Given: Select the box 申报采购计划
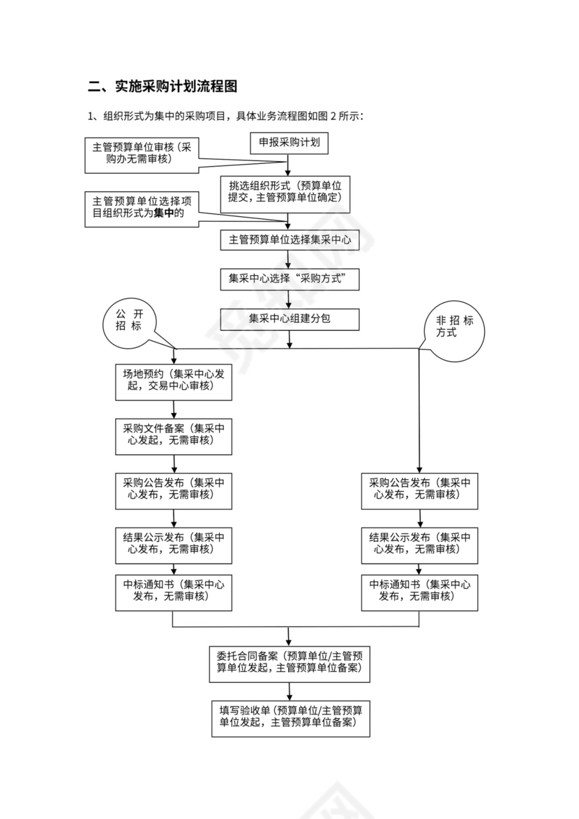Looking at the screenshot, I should (289, 142).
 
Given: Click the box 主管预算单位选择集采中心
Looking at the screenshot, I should (289, 240).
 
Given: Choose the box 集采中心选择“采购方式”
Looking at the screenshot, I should (289, 280).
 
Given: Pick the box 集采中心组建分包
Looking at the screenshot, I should (289, 319).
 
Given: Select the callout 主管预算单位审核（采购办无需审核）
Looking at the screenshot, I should (142, 154).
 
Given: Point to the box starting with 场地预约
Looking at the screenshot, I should (173, 381).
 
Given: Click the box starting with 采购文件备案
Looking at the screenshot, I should (173, 435).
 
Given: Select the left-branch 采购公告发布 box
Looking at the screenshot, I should (173, 490).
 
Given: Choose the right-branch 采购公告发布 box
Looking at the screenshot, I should (419, 490).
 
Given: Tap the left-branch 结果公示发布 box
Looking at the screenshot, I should (173, 544).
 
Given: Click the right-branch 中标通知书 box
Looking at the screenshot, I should (419, 592).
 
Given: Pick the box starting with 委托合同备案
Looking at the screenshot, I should (289, 663).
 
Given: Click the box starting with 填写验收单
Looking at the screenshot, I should (290, 718).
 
